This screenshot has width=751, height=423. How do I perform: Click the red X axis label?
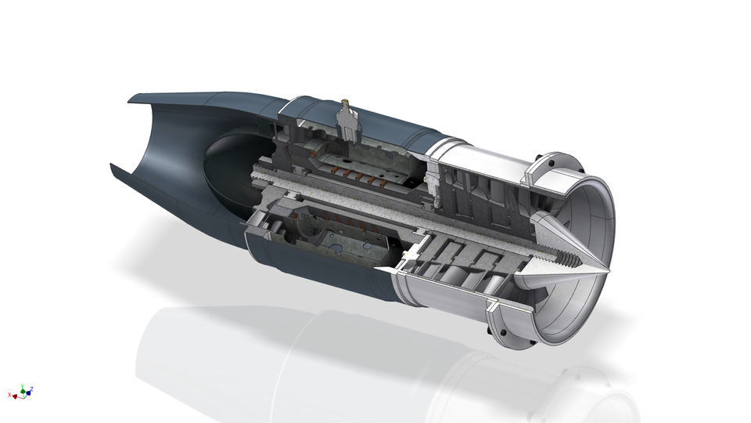coord(9,396)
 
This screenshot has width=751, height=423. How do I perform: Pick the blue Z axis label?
coord(32,389)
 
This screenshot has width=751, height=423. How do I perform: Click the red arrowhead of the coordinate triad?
coord(15,396)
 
